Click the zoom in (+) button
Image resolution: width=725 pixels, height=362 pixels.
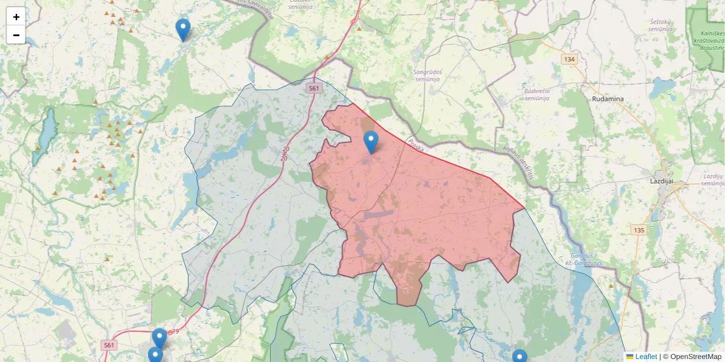click(x=16, y=17)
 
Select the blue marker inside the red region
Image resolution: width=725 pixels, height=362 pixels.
click(x=371, y=142)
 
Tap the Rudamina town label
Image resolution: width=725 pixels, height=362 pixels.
click(x=608, y=99)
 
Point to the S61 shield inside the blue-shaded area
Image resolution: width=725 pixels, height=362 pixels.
click(x=313, y=88)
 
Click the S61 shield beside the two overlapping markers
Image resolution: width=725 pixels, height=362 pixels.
click(x=109, y=345)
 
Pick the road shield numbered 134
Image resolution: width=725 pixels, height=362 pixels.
click(x=569, y=59)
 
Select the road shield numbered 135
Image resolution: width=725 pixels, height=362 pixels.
click(x=639, y=230)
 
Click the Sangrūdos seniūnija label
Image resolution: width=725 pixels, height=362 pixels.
click(x=428, y=75)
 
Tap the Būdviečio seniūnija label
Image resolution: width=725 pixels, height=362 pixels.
click(x=536, y=94)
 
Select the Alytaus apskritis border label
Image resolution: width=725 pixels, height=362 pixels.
click(x=518, y=164)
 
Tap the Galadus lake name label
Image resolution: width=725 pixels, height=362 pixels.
click(x=584, y=259)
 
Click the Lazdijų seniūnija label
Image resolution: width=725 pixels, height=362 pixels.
click(x=713, y=179)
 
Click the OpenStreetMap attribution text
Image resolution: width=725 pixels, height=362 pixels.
click(x=695, y=357)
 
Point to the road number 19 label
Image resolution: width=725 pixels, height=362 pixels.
click(x=175, y=331)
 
